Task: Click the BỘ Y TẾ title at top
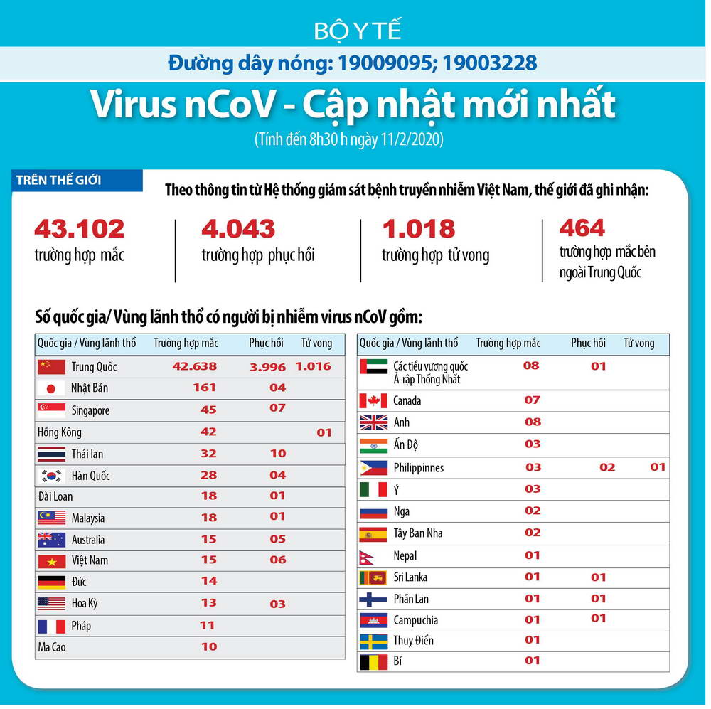(358, 31)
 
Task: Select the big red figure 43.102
(79, 229)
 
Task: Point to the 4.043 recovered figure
(238, 229)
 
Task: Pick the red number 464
(582, 228)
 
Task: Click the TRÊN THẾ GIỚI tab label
(59, 180)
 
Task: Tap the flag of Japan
(50, 388)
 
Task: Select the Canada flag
(373, 400)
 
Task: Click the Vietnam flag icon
(50, 560)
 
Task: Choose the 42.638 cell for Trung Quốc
(195, 367)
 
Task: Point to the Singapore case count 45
(208, 409)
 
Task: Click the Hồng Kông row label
(59, 432)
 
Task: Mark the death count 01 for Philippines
(658, 467)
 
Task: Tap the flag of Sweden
(373, 641)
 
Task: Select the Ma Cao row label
(52, 647)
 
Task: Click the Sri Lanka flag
(373, 577)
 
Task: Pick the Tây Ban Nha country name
(418, 533)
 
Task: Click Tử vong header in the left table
(316, 343)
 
